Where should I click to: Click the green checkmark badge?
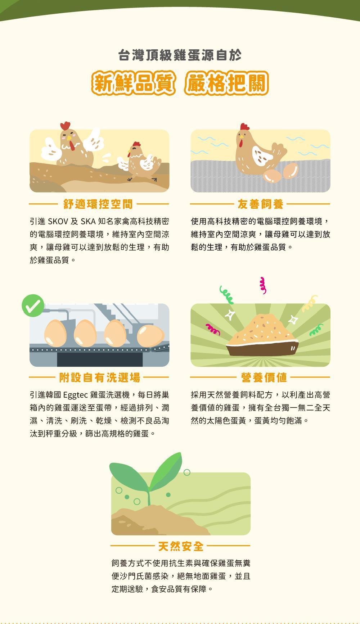pos(33,306)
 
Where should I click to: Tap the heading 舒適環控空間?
pos(98,204)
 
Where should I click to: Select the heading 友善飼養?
pos(260,204)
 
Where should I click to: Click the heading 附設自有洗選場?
pos(100,377)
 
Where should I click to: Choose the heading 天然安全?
pos(181,546)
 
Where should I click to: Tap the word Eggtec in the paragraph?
pos(75,395)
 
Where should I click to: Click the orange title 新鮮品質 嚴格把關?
pos(180,83)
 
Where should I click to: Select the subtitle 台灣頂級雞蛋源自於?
pos(180,55)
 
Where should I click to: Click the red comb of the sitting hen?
pos(244,127)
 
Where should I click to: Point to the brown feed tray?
pos(263,348)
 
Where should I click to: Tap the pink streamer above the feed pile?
pos(263,285)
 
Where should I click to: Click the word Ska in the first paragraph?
pos(88,221)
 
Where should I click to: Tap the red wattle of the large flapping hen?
pos(73,145)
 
